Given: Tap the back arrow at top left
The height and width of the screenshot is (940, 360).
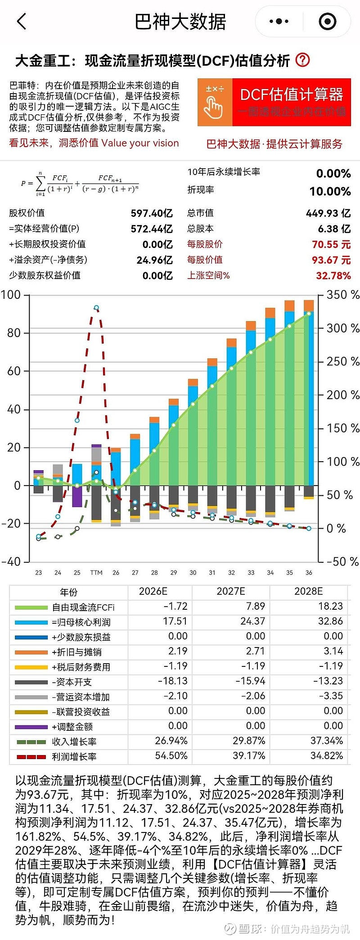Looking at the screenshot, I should (22, 21).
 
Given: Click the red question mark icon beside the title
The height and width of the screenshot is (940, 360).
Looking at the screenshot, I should (302, 60).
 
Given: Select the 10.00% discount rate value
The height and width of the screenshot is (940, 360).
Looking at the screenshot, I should (330, 191).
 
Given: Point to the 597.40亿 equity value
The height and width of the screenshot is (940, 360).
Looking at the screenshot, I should (151, 213).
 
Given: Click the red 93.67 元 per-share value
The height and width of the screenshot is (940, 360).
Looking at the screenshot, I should (331, 260).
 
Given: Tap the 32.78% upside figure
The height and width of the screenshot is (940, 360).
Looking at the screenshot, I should (333, 275).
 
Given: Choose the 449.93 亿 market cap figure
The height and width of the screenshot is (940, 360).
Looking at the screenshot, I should (328, 213).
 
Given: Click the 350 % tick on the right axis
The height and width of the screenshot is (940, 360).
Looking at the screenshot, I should (342, 295).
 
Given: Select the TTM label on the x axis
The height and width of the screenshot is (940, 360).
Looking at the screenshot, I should (96, 573).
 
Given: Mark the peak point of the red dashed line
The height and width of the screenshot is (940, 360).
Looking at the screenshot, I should (96, 308).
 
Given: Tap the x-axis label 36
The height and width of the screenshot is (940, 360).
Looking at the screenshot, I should (309, 573).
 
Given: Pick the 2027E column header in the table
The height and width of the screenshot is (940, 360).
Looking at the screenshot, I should (231, 591).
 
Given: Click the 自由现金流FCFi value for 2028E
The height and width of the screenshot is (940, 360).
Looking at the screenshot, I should (330, 607).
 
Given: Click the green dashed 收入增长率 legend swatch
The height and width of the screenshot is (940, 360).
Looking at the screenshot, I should (31, 742).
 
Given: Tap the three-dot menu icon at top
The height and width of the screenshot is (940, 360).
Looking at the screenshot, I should (279, 21).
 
